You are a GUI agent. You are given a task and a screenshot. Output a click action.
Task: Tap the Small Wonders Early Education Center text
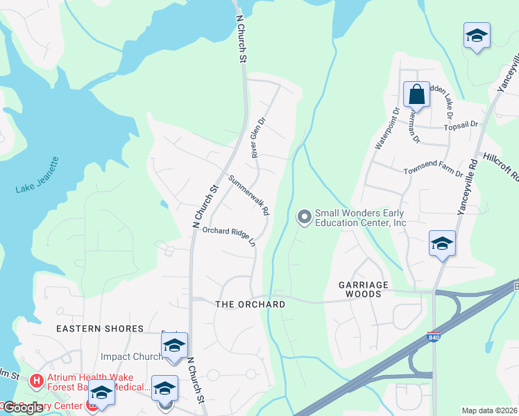pyautogui.click(x=360, y=218)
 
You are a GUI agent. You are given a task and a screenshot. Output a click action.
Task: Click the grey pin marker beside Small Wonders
pyautogui.click(x=303, y=218)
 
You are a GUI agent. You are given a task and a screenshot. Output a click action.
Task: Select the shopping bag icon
pyautogui.click(x=416, y=94)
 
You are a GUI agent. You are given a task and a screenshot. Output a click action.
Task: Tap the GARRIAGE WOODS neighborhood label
pyautogui.click(x=359, y=289)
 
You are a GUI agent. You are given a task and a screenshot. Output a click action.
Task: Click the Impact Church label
pyautogui.click(x=132, y=356)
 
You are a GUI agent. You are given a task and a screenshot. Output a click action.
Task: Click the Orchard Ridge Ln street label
pyautogui.click(x=230, y=236)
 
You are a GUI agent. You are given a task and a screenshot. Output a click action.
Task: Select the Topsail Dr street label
pyautogui.click(x=462, y=125)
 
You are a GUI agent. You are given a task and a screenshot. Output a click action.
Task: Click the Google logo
pyautogui.click(x=22, y=408)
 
